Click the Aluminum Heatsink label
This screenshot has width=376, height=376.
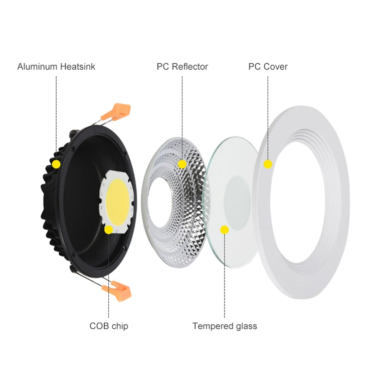(x=56, y=66)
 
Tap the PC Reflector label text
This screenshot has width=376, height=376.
(x=182, y=66)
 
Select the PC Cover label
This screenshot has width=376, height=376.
(x=268, y=66)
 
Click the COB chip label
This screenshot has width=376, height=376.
(x=109, y=326)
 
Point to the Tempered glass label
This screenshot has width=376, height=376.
(x=225, y=326)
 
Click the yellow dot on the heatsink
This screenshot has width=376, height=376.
(x=56, y=164)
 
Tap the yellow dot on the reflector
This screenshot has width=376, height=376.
(x=182, y=164)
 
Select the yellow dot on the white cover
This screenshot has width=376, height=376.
(x=268, y=164)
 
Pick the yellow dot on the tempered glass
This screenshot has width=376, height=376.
(x=225, y=230)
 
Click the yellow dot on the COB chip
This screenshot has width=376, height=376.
(x=109, y=230)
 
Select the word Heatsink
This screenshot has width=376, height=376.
(x=77, y=66)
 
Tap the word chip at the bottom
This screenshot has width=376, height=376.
(x=119, y=326)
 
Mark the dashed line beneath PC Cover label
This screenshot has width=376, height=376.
(x=268, y=115)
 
